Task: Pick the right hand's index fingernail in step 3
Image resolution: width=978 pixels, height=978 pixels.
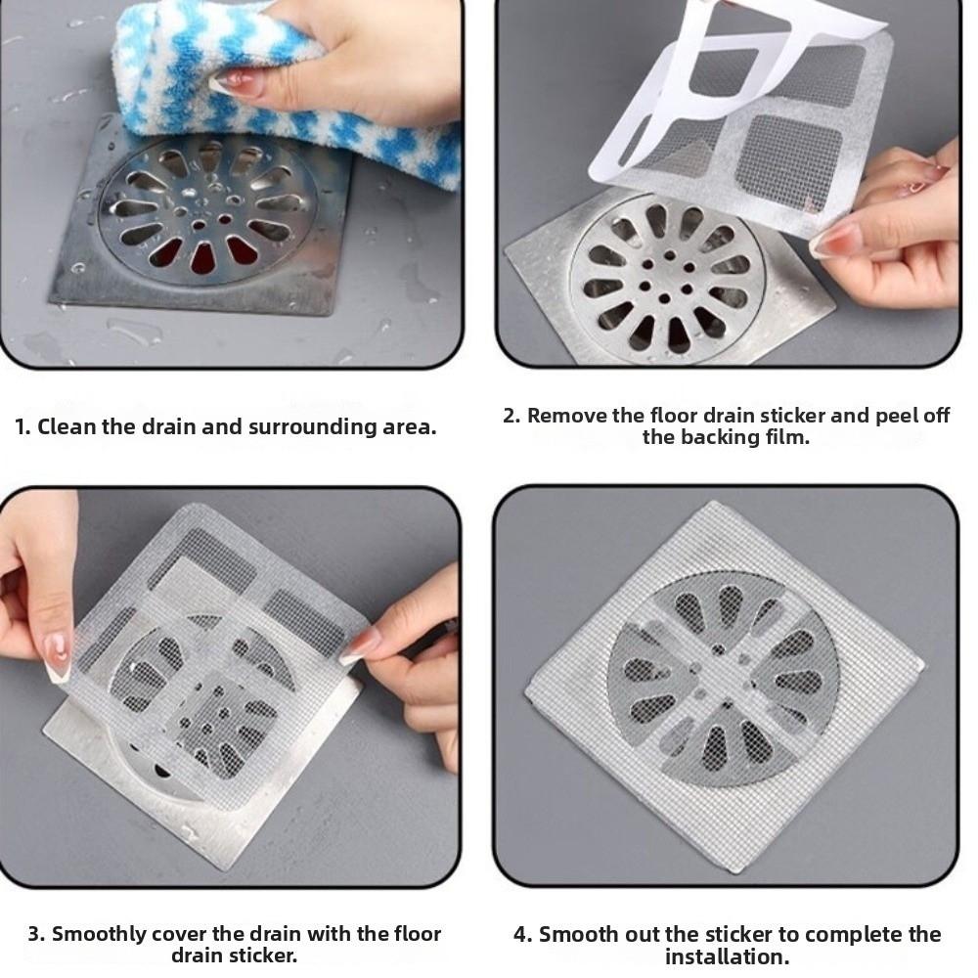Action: (x=362, y=645)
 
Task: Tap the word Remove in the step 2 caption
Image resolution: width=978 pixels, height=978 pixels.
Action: (x=562, y=416)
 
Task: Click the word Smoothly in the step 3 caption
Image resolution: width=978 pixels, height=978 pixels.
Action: (x=96, y=934)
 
